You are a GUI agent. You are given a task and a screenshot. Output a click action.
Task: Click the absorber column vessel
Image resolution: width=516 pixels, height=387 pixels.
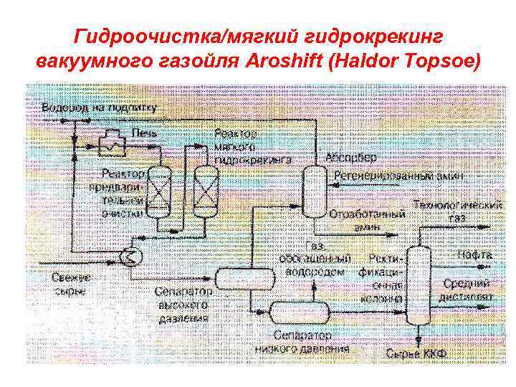click(312, 191)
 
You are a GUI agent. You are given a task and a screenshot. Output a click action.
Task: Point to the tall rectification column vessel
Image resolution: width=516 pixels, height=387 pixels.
click(417, 287)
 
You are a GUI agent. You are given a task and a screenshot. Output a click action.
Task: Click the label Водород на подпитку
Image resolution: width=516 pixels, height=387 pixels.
click(98, 107)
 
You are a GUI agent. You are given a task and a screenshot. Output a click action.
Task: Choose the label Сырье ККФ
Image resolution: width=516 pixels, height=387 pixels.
click(416, 353)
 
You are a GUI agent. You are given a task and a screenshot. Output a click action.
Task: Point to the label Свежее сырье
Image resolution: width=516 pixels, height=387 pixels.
click(70, 284)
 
